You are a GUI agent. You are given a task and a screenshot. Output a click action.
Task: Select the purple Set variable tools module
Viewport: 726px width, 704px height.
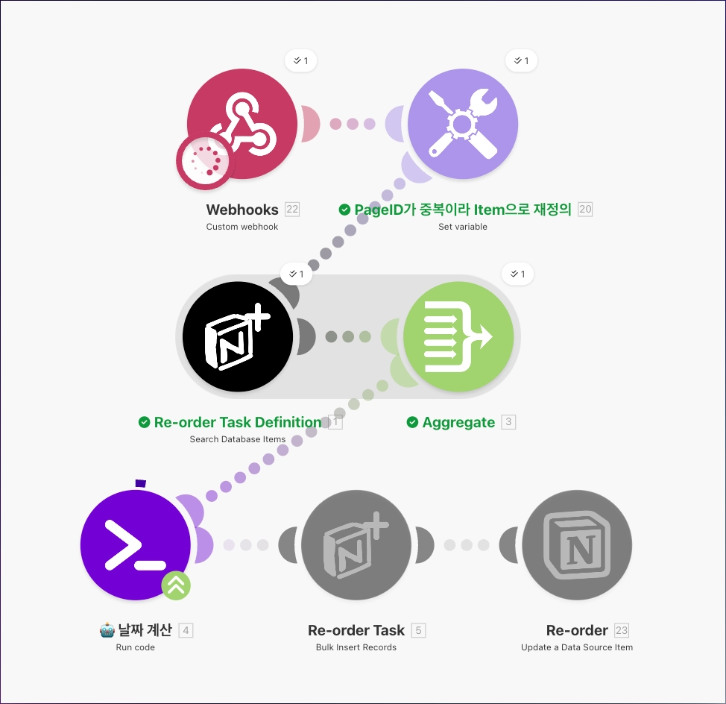click(462, 124)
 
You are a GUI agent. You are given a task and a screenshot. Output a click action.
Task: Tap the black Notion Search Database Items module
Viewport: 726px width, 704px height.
click(238, 336)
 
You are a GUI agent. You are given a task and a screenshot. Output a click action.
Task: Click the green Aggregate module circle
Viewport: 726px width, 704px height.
click(458, 336)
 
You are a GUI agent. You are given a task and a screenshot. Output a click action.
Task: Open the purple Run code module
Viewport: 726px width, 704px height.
click(136, 544)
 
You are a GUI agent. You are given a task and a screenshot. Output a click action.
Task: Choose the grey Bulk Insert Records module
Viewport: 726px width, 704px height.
click(356, 544)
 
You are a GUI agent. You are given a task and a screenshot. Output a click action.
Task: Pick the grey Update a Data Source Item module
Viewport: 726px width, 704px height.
click(577, 544)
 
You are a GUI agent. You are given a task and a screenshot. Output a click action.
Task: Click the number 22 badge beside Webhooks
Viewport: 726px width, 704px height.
click(292, 210)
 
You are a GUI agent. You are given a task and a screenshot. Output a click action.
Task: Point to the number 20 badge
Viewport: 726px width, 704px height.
click(585, 210)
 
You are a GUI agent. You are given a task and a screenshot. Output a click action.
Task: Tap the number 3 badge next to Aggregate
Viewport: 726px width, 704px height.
click(508, 422)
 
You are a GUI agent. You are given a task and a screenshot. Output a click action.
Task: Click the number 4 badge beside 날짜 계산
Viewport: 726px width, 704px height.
click(186, 631)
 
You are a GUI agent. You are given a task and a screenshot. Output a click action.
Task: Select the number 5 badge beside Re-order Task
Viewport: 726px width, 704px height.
click(419, 631)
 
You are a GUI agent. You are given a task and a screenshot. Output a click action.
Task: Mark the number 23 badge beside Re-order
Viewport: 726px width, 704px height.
click(622, 631)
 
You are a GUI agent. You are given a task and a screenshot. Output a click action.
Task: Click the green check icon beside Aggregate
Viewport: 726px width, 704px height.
click(412, 422)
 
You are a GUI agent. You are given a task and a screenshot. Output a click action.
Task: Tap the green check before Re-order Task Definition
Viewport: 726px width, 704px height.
click(145, 422)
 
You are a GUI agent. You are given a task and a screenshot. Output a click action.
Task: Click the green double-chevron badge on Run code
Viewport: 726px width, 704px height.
click(176, 585)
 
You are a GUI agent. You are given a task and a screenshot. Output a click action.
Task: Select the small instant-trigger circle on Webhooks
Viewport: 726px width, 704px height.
click(203, 162)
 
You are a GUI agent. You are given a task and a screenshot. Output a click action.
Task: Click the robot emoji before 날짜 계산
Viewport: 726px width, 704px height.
click(107, 631)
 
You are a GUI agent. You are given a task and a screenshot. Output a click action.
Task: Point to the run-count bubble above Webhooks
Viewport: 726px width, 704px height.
click(301, 60)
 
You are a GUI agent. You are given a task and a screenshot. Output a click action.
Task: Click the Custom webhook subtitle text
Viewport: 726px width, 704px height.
click(242, 227)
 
